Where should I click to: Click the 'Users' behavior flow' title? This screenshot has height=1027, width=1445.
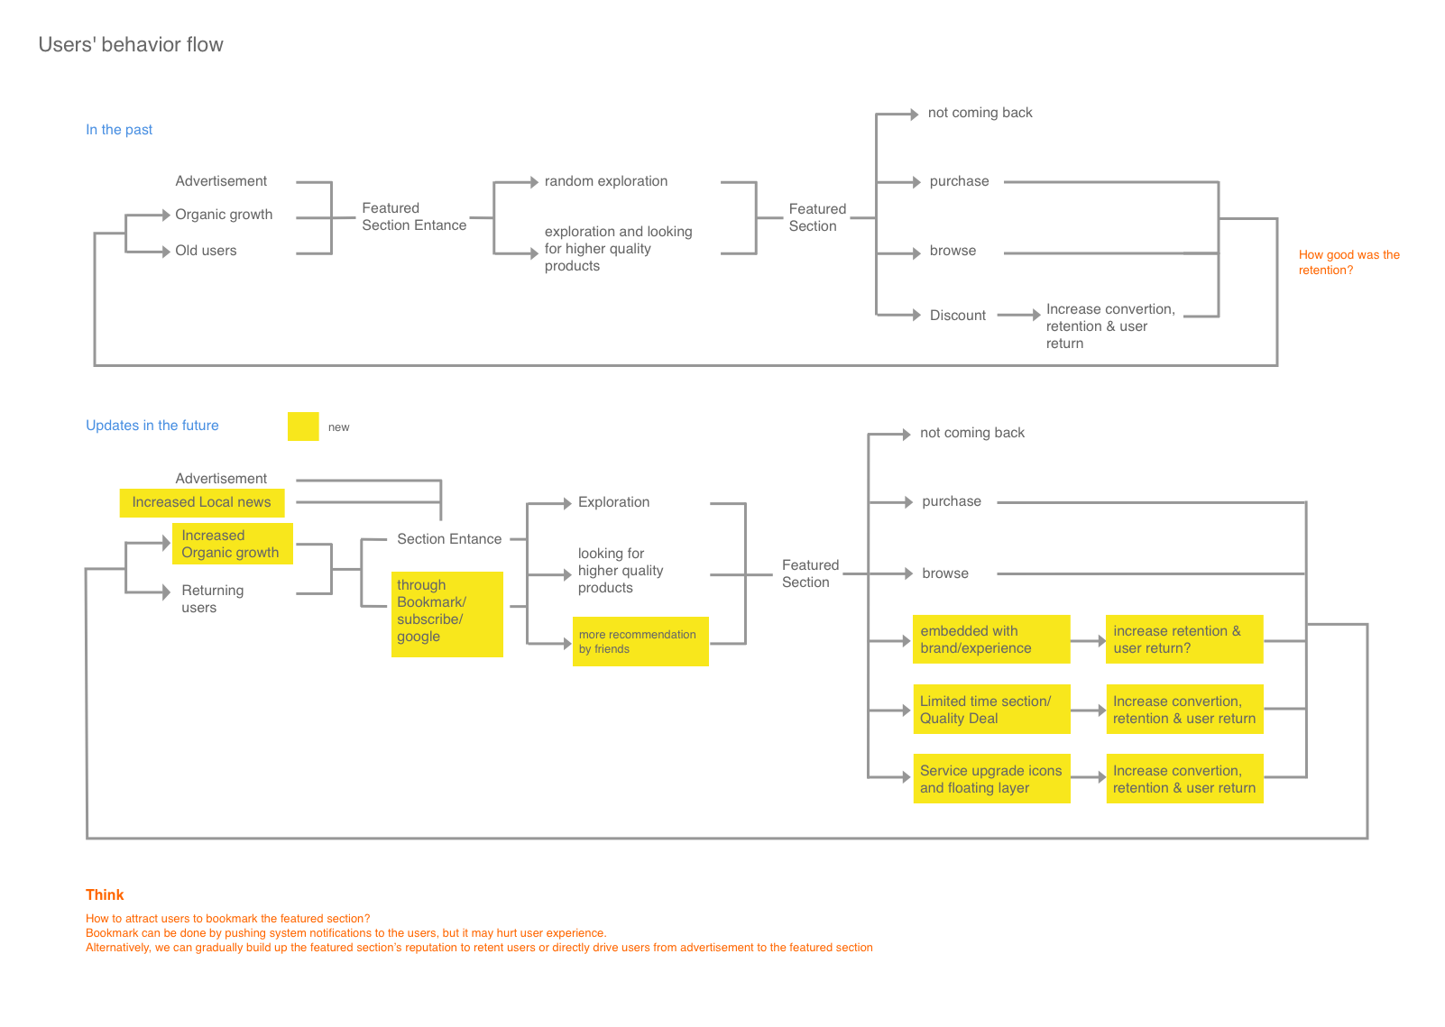point(131,45)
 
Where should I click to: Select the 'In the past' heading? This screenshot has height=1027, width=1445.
point(119,130)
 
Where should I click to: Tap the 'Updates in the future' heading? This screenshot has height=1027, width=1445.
point(152,426)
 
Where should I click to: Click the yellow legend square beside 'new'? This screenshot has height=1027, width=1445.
point(303,426)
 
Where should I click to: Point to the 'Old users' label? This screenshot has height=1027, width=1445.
point(206,251)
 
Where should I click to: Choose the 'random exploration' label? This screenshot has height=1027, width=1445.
point(606,181)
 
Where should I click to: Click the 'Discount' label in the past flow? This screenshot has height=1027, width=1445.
point(958,316)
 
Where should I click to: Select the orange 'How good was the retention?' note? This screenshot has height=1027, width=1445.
point(1348,262)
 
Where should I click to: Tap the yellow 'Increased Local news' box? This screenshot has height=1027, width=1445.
point(202,502)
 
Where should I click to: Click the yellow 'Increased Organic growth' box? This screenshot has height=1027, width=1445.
point(232,544)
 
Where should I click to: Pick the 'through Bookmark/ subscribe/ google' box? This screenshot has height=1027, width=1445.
point(446,613)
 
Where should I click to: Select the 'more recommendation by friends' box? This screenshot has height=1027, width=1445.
point(640,641)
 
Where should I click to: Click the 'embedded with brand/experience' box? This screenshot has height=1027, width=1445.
point(990,639)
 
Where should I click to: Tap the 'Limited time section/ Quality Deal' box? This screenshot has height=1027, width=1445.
point(990,710)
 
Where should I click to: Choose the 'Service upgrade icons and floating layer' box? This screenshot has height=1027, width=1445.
point(991,779)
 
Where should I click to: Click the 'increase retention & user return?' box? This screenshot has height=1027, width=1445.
point(1183,639)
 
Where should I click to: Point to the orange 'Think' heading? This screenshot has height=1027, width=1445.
point(105,894)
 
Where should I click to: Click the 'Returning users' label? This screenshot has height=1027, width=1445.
point(212,599)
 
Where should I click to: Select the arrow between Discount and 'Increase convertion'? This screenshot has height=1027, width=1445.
point(1019,316)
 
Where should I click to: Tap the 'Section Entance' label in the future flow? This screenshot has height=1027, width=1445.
point(449,539)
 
